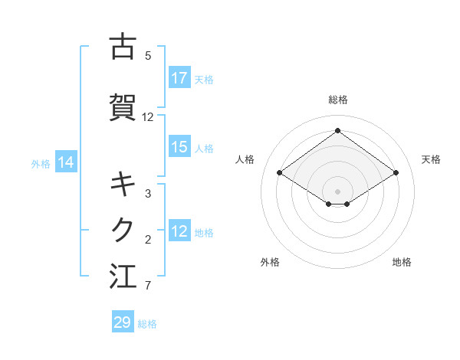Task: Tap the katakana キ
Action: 123,185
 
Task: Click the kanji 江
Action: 123,276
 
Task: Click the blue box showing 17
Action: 179,78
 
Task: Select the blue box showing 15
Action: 179,147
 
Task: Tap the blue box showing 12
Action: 179,231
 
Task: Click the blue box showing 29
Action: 123,322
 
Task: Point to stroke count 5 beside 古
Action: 148,55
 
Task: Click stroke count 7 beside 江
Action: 148,286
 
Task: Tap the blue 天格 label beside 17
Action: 204,79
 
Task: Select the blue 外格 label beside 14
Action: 41,162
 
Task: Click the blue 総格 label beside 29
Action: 147,324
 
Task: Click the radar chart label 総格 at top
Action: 338,100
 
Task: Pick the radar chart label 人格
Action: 245,159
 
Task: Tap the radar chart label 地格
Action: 402,262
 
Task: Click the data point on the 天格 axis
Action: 396,173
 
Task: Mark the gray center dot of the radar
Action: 337,191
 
